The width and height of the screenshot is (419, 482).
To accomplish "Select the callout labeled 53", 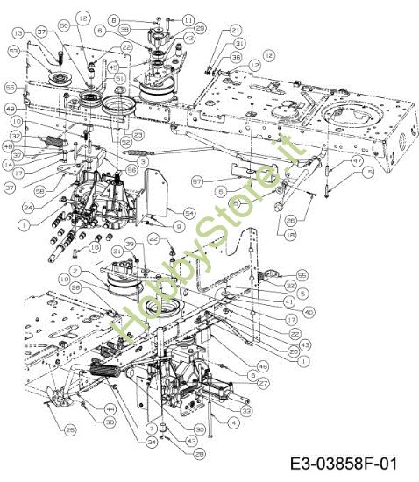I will [11, 52].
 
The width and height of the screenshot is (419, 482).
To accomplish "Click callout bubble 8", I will [138, 18].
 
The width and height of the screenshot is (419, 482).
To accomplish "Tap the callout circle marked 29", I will [201, 29].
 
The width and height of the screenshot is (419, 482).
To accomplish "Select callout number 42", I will [190, 39].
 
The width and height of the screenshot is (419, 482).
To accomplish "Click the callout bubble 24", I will [28, 208].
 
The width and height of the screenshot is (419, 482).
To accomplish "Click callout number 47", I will [358, 162].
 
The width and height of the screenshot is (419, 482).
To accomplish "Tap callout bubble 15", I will [367, 174].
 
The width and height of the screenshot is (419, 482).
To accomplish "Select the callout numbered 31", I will [239, 43].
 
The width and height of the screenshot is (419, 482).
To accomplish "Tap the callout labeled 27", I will [264, 383].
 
